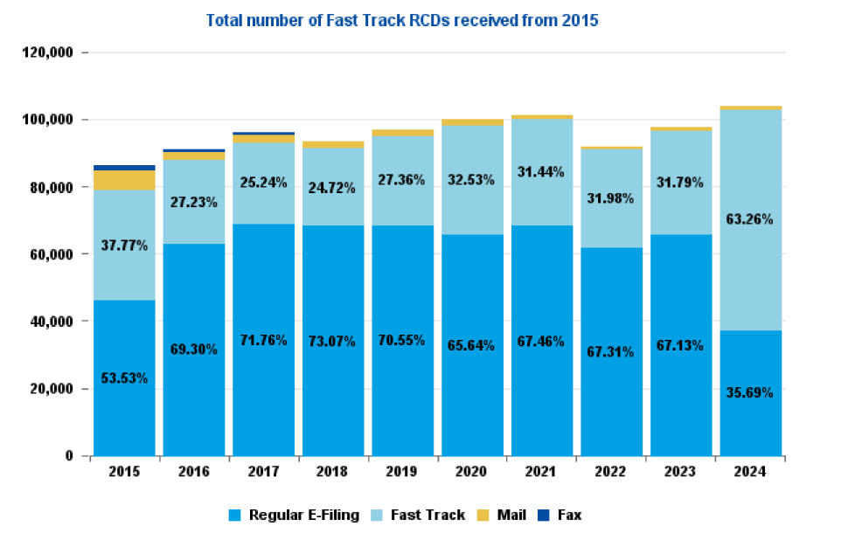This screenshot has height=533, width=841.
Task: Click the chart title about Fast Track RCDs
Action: pos(402,20)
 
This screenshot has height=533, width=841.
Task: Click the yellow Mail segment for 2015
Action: pos(124,180)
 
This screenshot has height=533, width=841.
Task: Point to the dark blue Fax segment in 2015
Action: pos(124,168)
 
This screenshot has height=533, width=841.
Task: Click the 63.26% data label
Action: pos(750,219)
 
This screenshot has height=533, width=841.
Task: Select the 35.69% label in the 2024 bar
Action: pos(750,392)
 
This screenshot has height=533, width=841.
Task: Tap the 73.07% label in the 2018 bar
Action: pos(332,341)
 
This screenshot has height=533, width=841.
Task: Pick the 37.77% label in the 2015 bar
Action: pos(124,246)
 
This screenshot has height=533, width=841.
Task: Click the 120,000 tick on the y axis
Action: pos(49,52)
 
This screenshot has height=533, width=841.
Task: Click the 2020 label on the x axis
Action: pos(471,472)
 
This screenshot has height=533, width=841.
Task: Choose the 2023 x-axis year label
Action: pos(680,472)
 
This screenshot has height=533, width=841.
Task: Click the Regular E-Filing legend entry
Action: pos(294,516)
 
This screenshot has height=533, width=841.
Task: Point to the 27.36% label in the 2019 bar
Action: pos(402,179)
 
